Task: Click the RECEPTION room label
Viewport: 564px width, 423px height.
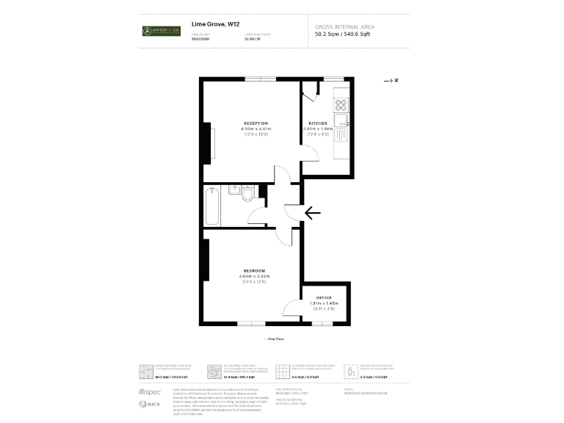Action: [x=256, y=123]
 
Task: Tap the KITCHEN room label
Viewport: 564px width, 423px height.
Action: [x=318, y=123]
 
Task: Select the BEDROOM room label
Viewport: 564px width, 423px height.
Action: [x=254, y=270]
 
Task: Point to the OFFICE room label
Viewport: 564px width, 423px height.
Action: [x=324, y=297]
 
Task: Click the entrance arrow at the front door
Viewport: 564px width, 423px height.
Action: [x=312, y=213]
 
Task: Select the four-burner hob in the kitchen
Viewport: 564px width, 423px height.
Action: [x=341, y=104]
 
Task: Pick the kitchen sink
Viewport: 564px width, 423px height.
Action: [x=341, y=120]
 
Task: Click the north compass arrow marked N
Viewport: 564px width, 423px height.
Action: [x=391, y=79]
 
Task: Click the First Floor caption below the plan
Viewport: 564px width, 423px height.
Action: [x=275, y=339]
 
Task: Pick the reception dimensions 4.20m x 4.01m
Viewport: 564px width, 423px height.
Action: [x=256, y=129]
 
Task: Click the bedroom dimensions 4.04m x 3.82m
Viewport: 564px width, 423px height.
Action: [x=254, y=276]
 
